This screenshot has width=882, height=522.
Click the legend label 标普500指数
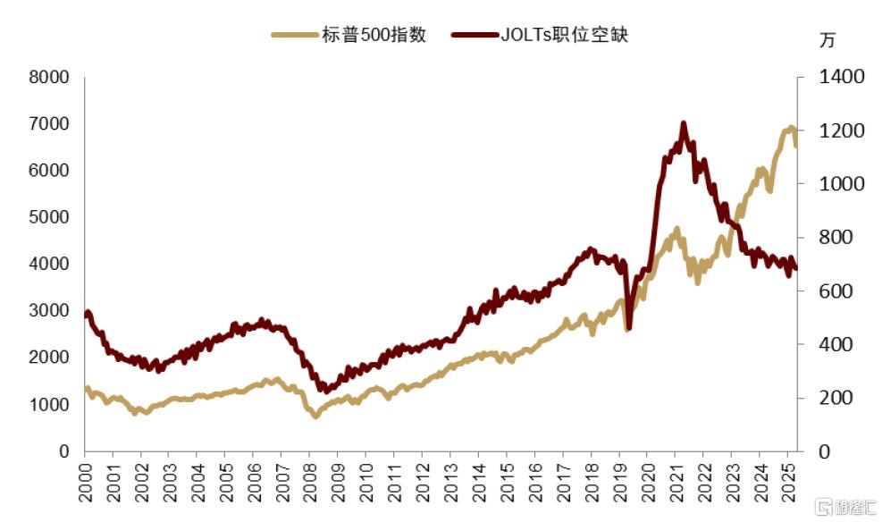[374, 35]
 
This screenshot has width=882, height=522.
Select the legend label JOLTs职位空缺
[564, 35]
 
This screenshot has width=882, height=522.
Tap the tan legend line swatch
[295, 35]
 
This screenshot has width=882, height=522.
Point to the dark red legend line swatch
[475, 35]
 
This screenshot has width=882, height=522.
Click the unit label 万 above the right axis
[827, 40]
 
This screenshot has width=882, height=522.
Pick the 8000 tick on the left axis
[49, 77]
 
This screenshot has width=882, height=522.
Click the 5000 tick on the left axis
[49, 217]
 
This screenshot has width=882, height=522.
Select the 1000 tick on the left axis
[49, 404]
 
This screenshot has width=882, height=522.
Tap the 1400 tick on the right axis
[841, 77]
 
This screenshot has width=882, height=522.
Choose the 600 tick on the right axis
[836, 290]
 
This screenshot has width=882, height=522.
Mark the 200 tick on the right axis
[836, 398]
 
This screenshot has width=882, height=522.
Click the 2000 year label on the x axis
[85, 483]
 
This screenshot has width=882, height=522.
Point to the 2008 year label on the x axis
[310, 483]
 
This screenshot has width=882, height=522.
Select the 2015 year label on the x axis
[507, 483]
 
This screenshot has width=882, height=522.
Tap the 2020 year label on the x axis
[648, 483]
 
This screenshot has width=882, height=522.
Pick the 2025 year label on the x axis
[788, 483]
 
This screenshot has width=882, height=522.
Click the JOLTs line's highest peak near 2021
[684, 123]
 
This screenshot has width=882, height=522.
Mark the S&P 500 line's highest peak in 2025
[791, 128]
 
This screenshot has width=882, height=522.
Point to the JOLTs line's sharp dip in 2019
[628, 327]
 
